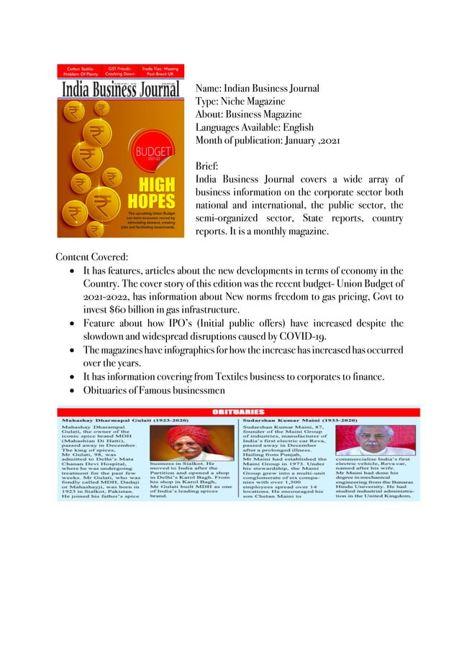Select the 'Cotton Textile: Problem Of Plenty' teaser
click(80, 70)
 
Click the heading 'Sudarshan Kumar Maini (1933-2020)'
click(302, 418)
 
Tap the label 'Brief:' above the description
click(209, 165)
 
